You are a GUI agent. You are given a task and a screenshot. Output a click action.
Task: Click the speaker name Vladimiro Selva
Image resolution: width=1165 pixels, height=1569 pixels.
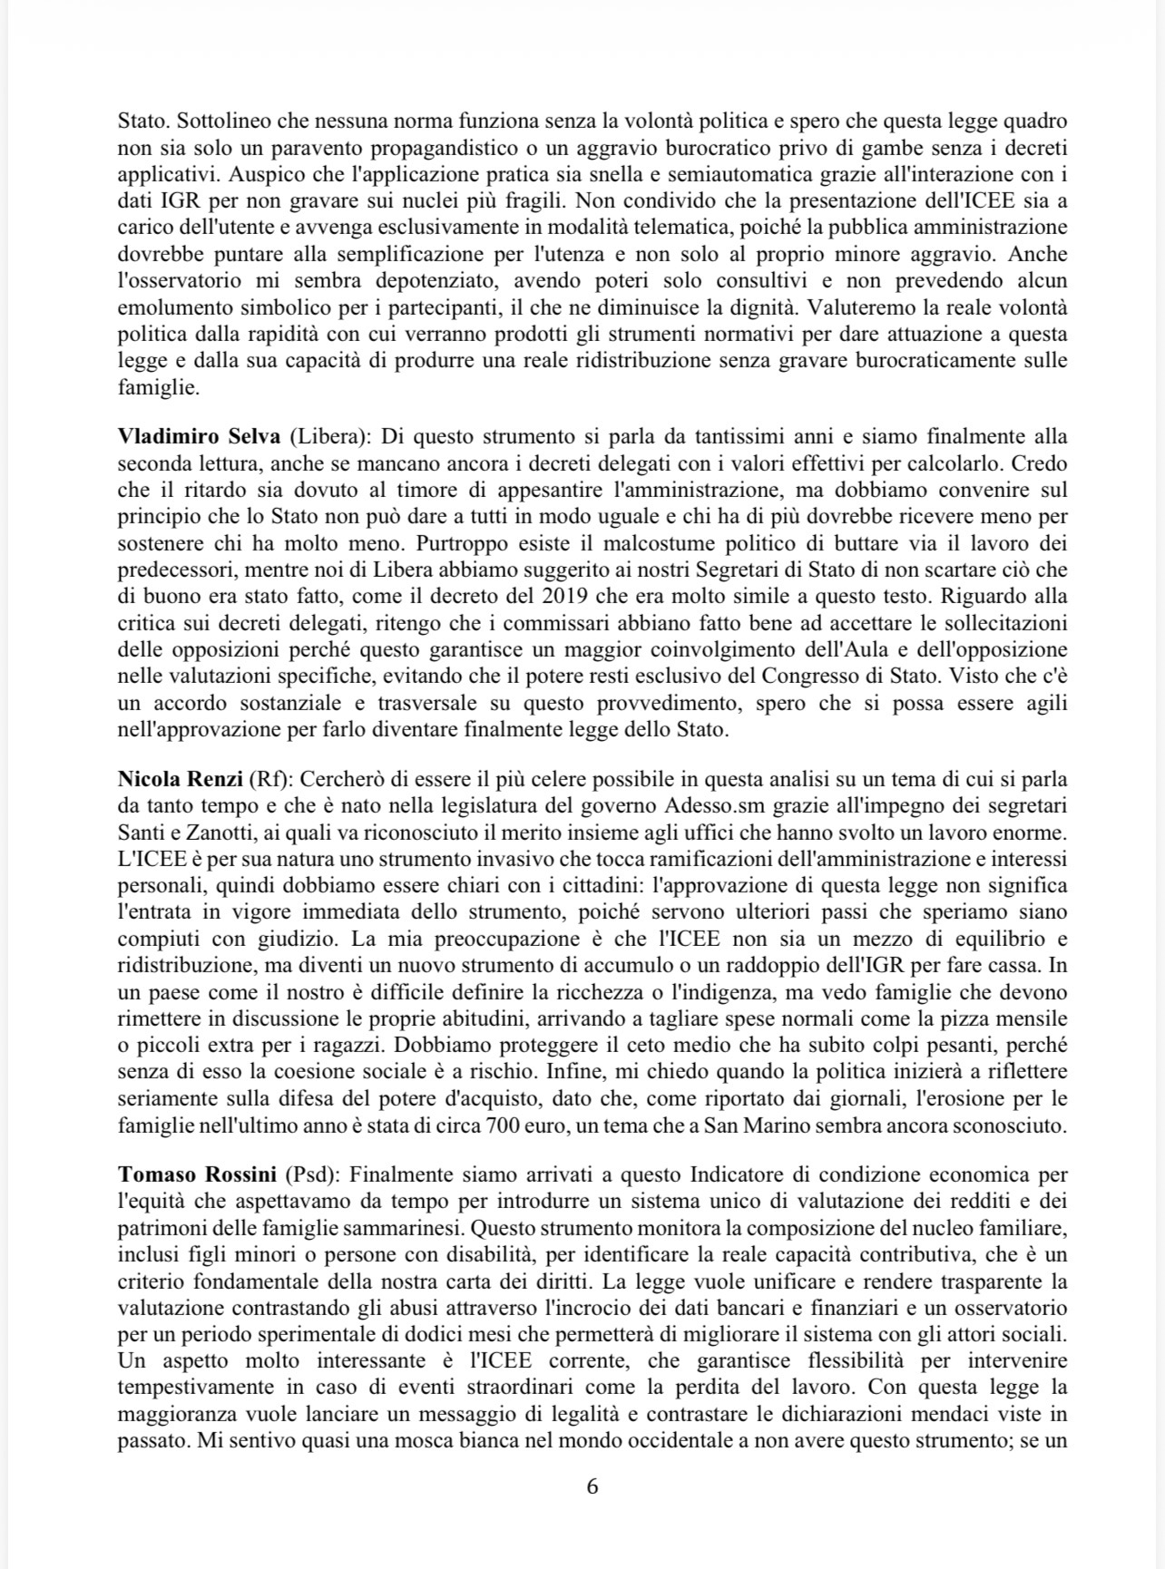(x=200, y=437)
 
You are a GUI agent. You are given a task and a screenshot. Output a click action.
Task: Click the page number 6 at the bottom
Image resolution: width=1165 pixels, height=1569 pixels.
(x=592, y=1486)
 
